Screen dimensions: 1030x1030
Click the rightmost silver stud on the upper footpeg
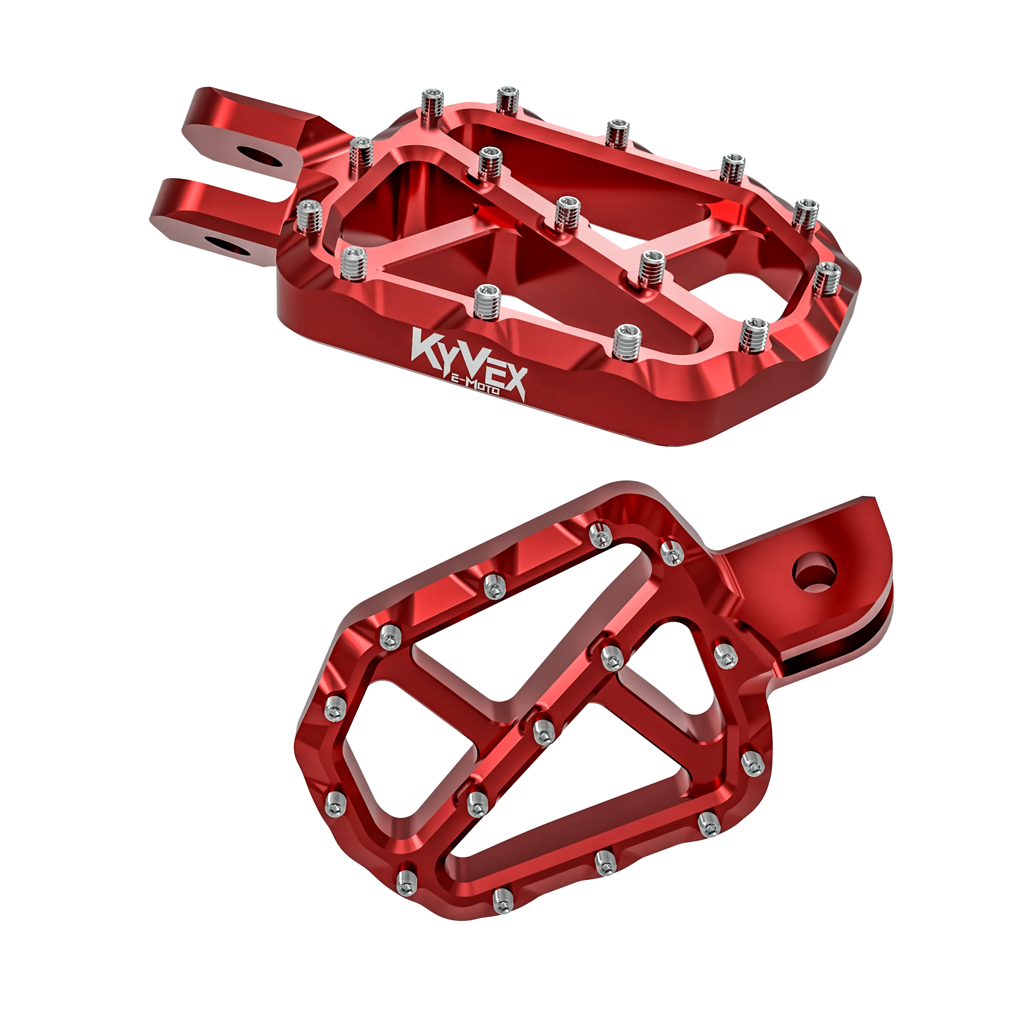click(x=826, y=278)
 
